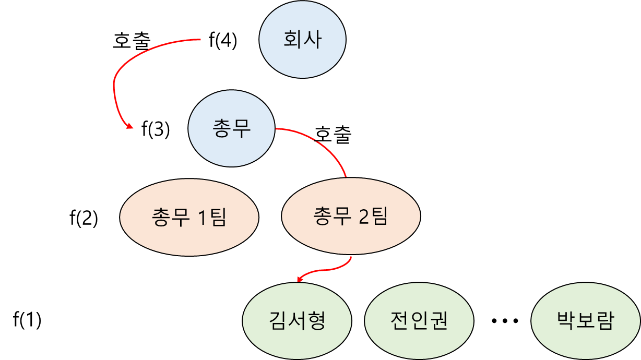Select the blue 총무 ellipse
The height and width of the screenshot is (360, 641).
click(x=231, y=128)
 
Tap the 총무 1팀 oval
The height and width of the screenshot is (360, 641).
click(x=189, y=217)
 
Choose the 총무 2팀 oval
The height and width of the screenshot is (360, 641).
click(x=351, y=217)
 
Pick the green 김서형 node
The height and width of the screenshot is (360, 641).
click(x=298, y=320)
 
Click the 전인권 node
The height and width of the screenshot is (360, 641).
click(x=419, y=320)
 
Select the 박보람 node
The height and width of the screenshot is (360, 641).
click(x=585, y=320)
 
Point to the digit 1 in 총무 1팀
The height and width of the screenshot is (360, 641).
click(x=202, y=217)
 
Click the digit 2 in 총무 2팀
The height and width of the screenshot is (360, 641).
click(x=364, y=217)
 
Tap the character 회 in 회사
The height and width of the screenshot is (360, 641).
click(x=293, y=40)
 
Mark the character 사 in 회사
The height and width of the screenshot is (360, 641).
click(x=312, y=40)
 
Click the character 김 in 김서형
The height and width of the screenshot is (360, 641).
click(x=278, y=320)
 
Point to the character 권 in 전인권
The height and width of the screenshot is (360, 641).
click(x=438, y=320)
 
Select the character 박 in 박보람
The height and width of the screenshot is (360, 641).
click(x=566, y=320)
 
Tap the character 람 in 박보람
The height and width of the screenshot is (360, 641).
click(x=604, y=320)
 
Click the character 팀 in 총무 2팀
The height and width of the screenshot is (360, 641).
click(x=379, y=217)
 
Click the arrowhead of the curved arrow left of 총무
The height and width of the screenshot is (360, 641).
click(x=127, y=125)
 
